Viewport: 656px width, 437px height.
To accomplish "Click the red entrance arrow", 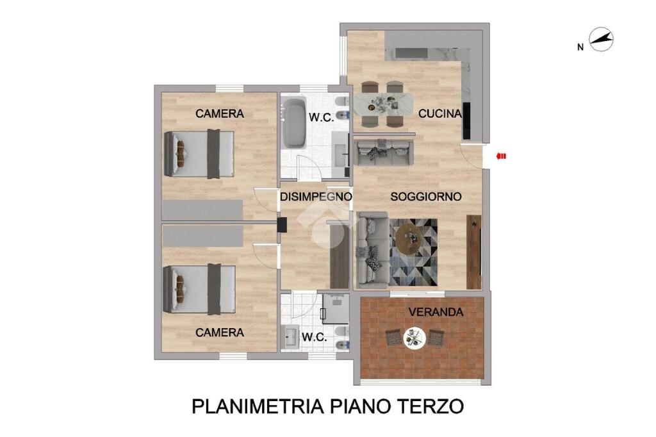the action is [x=501, y=156].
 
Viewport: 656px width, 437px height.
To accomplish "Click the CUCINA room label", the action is [x=439, y=113].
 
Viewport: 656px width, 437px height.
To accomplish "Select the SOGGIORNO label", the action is [x=426, y=197].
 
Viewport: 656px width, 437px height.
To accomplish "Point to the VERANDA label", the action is [x=436, y=312].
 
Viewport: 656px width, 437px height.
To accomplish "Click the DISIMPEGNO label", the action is [x=316, y=197].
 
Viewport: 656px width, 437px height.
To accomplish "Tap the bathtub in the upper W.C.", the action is [x=294, y=122].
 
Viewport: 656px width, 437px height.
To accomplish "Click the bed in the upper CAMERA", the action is [x=199, y=154].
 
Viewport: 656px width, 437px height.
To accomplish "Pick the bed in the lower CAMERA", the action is [x=199, y=289].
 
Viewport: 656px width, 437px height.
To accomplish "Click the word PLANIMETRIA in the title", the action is [x=258, y=406].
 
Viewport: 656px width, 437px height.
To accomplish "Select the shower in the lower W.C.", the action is [x=336, y=309].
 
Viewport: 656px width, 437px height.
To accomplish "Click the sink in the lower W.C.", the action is [x=290, y=336].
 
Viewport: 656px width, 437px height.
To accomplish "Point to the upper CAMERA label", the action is [x=220, y=113].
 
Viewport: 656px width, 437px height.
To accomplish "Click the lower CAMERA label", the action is [x=220, y=333].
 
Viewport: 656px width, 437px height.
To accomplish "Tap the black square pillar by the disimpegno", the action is [x=282, y=224].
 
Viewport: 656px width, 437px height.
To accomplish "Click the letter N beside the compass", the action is [x=580, y=47].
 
